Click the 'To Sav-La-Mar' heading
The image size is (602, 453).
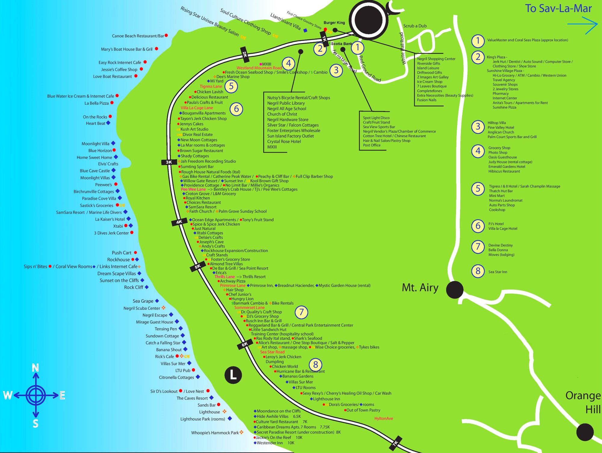(558, 8)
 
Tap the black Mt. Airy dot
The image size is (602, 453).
(454, 290)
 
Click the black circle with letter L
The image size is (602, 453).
(233, 375)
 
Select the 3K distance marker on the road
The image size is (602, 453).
(169, 162)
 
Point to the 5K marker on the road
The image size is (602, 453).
(197, 267)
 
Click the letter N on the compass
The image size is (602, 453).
(36, 368)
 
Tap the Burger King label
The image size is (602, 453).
(334, 23)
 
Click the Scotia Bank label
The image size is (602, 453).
(341, 44)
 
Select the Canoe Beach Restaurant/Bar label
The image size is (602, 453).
(138, 36)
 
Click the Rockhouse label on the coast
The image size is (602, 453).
(119, 260)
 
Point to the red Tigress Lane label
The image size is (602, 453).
(211, 86)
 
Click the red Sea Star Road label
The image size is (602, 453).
(272, 352)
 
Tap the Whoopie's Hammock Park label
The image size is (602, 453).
(215, 433)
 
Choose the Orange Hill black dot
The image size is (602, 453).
(585, 432)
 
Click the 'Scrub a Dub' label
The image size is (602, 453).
(415, 26)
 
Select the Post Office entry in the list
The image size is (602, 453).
(372, 145)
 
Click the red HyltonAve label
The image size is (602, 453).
(384, 418)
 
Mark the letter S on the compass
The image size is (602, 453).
(36, 424)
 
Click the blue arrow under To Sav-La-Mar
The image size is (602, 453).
(582, 25)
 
